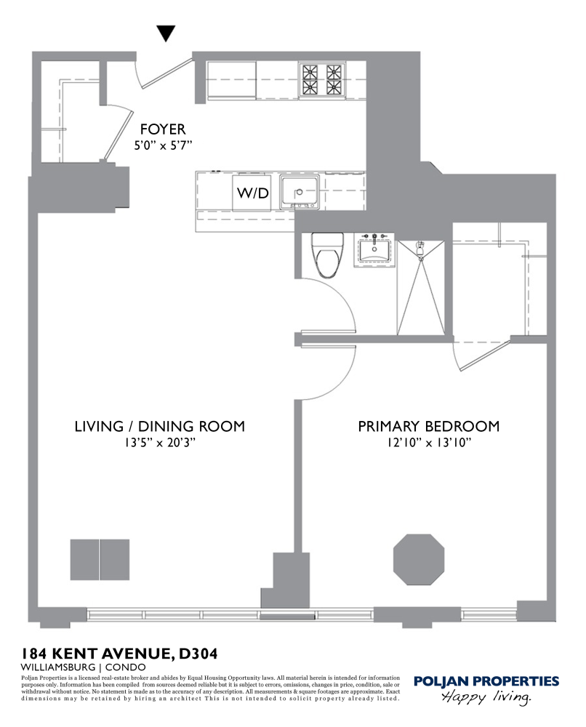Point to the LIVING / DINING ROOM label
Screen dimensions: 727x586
[x=159, y=426]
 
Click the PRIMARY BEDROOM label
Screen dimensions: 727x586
[x=428, y=426]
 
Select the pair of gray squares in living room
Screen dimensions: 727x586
[x=100, y=559]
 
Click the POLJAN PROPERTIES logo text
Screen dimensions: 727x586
[x=486, y=681]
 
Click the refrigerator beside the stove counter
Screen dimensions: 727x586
[x=232, y=79]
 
